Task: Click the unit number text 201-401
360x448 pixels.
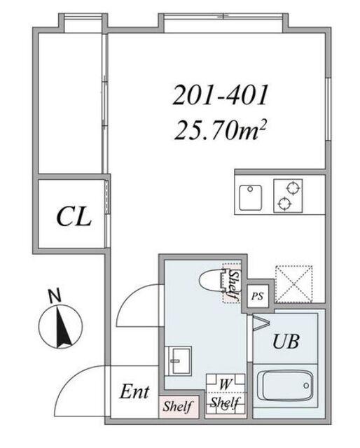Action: click(x=221, y=95)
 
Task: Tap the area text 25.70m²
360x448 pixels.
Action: click(x=221, y=130)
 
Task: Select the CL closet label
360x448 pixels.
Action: click(x=74, y=217)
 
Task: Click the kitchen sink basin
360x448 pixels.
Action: click(x=251, y=197)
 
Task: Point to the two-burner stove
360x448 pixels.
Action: click(x=288, y=196)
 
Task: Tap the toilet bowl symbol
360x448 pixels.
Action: click(x=212, y=281)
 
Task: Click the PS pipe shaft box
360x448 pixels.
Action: click(x=258, y=296)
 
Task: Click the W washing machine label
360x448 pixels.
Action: click(x=225, y=384)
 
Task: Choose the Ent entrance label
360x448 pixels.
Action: click(x=134, y=391)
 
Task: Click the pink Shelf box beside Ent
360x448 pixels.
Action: click(x=179, y=407)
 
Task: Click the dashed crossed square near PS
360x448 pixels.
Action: click(x=293, y=283)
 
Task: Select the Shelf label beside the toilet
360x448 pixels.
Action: click(x=234, y=284)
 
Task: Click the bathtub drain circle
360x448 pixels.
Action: click(x=306, y=386)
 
